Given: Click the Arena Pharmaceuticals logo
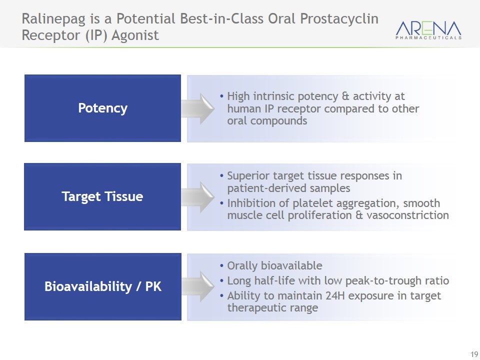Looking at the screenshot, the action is click(x=428, y=29).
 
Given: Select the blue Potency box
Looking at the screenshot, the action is click(x=102, y=108).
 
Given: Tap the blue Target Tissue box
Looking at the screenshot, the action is click(x=102, y=196).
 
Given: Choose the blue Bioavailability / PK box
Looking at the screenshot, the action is click(x=103, y=286).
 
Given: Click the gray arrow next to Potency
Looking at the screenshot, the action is click(x=198, y=108).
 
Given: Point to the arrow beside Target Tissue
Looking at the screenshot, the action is click(x=198, y=197).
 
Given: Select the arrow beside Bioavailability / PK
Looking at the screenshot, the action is click(x=198, y=286).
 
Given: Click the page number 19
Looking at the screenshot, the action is click(x=474, y=353).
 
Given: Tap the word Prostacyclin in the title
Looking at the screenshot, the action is click(x=339, y=19).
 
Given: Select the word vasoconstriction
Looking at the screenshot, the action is click(x=407, y=215).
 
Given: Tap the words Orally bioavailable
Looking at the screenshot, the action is click(x=274, y=265).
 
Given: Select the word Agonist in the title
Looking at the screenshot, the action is click(x=135, y=35).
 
